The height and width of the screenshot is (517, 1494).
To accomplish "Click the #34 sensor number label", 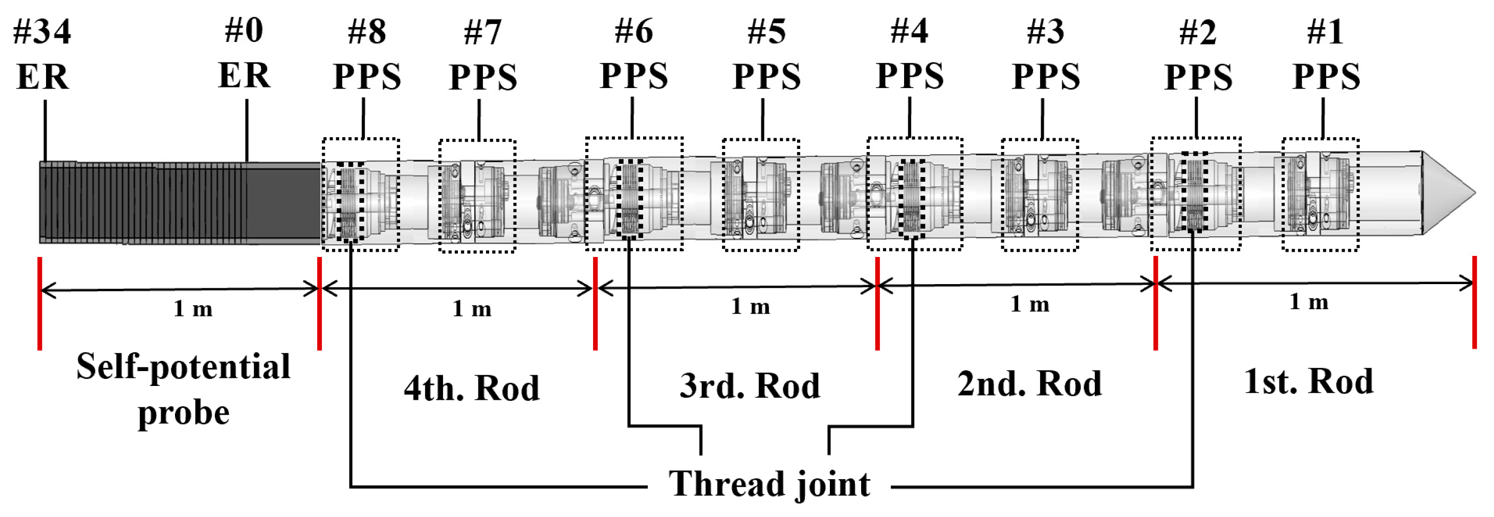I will pos(42,31).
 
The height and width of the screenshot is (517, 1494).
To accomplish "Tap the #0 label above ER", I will pos(244,30).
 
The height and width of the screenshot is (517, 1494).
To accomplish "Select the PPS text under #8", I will pos(366,77).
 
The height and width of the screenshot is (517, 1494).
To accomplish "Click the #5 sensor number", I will pos(767,31).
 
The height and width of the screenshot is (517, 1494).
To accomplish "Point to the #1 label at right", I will pos(1325,31).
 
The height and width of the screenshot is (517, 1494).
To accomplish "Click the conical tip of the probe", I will pos(1447,193).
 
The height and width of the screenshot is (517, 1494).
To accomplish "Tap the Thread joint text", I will pos(769,483).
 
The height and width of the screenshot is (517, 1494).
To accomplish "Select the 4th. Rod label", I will pos(472,387).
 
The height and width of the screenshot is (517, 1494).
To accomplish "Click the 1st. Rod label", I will pos(1308,381).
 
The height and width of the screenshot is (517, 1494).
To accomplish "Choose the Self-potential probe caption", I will pos(183,389).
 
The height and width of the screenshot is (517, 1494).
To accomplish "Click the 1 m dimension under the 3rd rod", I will pos(750,306).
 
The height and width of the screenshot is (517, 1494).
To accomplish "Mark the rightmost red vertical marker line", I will pos(1474,301).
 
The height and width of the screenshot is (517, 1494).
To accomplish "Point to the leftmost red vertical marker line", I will pos(39,304).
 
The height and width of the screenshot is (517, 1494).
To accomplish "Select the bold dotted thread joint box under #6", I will pos(630,198).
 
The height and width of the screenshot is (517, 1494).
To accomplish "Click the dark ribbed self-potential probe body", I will pos(174,202).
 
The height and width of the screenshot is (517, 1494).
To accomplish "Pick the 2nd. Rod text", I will pos(1029,383).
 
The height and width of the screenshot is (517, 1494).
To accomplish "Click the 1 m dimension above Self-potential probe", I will pos(192,309).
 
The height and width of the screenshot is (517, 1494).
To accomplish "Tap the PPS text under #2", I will pos(1198,77).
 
